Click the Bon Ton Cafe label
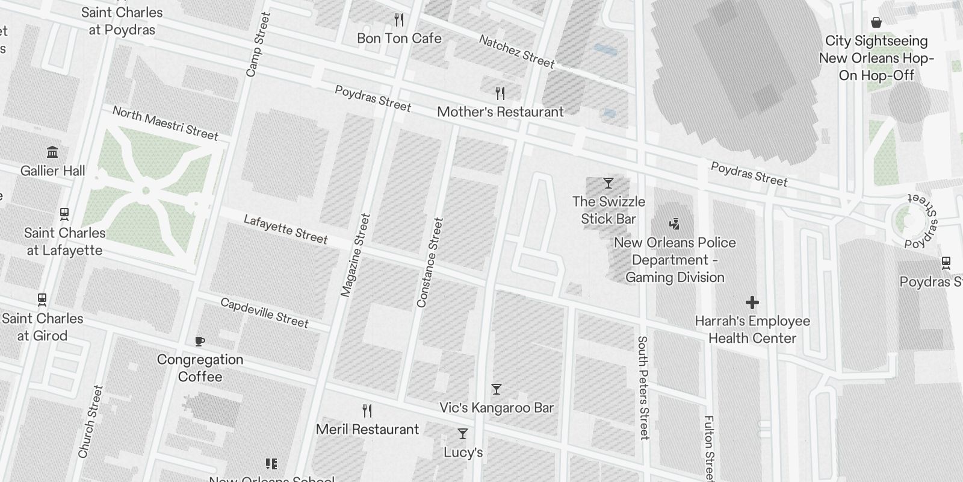399,39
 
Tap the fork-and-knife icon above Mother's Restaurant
500,93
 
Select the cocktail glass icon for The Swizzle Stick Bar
608,183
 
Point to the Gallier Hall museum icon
52,152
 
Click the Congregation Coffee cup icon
200,341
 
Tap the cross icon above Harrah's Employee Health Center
752,302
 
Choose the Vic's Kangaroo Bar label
496,408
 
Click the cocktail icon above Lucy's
462,434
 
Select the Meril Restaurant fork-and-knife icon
367,411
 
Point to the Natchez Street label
516,51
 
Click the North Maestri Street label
165,123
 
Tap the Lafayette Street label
285,230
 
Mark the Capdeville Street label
264,313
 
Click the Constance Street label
430,263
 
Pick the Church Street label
90,421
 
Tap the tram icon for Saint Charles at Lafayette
64,214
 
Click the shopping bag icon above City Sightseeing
876,22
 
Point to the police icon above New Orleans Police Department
674,224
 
